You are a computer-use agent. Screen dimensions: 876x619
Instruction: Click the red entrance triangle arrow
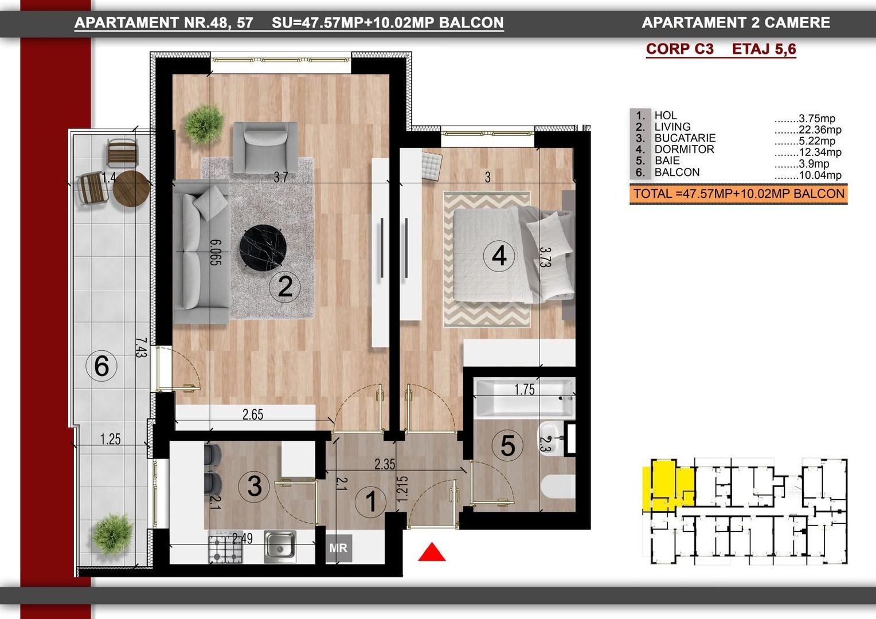(432, 552)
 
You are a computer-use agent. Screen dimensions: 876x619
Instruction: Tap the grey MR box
(339, 549)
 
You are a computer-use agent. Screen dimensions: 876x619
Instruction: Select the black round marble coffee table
(263, 247)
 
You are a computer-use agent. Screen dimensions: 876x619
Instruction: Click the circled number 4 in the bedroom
(499, 256)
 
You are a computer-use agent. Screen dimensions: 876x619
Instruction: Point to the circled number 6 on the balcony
(101, 366)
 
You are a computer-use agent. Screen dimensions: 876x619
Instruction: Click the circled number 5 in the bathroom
(507, 445)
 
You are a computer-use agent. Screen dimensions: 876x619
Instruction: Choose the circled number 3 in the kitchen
(254, 486)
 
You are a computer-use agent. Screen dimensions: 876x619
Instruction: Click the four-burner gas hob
(226, 547)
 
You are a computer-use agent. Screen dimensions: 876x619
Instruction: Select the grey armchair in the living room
(265, 147)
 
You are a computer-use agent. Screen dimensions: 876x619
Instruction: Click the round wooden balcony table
(131, 189)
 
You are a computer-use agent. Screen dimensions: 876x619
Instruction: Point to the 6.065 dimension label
(216, 252)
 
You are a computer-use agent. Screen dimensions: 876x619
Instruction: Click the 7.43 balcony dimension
(141, 348)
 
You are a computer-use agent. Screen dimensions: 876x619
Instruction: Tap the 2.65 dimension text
(253, 414)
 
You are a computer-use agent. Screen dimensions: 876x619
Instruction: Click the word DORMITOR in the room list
(685, 150)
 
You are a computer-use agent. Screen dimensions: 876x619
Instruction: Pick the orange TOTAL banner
(738, 194)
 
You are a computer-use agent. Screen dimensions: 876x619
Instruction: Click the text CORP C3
(680, 49)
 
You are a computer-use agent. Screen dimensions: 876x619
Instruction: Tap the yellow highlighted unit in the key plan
(667, 485)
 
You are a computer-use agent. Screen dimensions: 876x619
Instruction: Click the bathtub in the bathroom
(524, 398)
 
